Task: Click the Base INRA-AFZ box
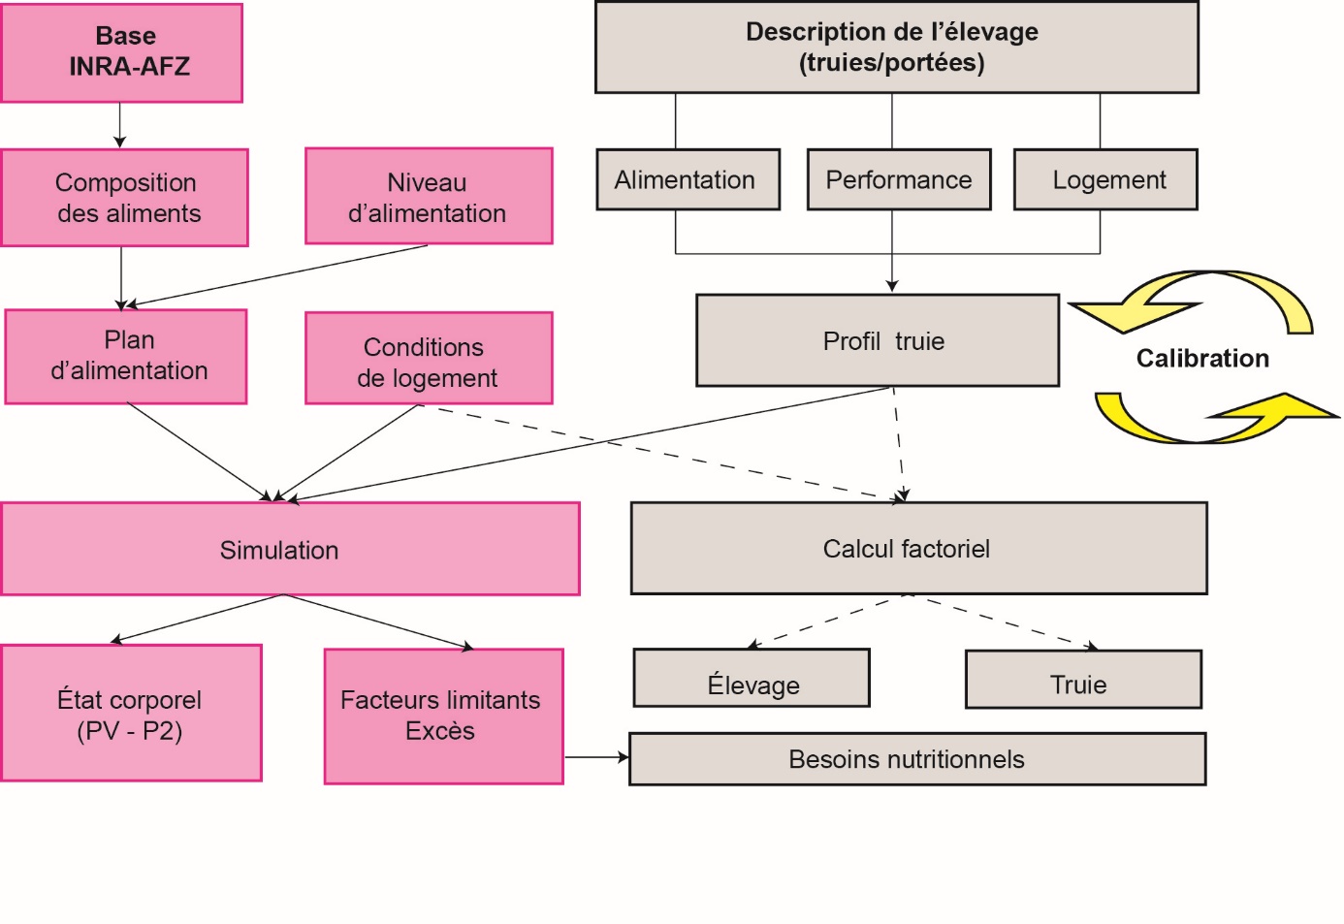pos(122,52)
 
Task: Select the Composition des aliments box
pos(125,198)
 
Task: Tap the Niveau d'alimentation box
pos(429,197)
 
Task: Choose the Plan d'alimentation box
pos(126,356)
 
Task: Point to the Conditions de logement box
pos(429,359)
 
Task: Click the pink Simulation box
pos(290,549)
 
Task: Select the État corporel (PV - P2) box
pos(131,713)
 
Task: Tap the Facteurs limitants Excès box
pos(443,716)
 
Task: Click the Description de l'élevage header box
pos(896,48)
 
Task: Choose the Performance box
pos(899,180)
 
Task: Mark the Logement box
pos(1105,180)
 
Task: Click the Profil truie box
pos(878,341)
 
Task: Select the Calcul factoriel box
pos(918,549)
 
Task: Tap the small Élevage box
pos(752,679)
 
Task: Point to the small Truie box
pos(1083,681)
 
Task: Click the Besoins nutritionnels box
pos(917,759)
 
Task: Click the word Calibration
pos(1202,359)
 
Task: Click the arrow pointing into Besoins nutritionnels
pos(596,757)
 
